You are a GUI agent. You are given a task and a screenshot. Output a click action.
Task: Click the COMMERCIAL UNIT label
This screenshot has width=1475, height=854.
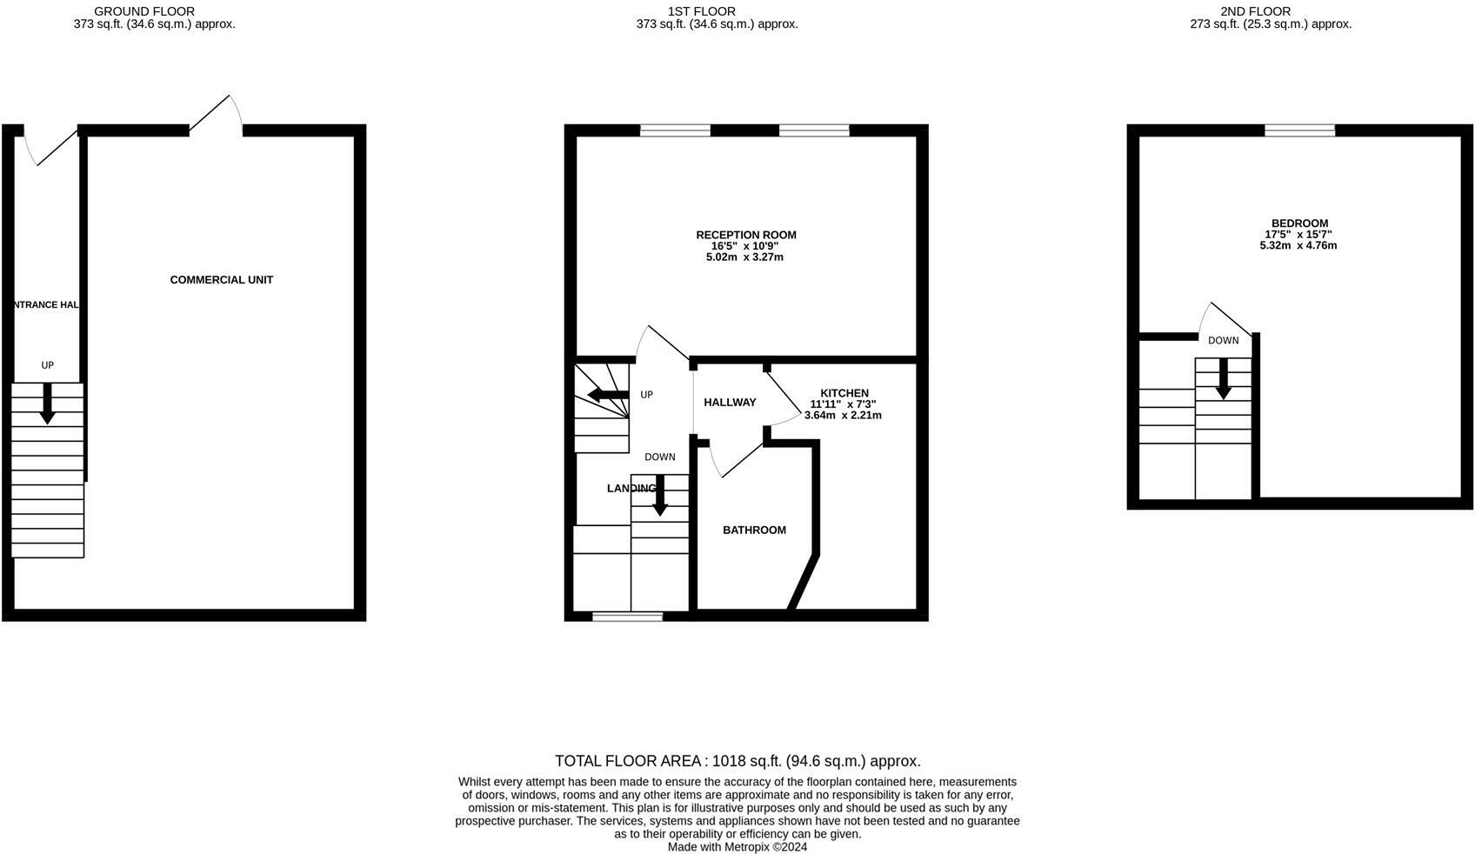pyautogui.click(x=221, y=280)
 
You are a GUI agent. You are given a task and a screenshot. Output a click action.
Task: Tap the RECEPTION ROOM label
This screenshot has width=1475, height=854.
pyautogui.click(x=745, y=235)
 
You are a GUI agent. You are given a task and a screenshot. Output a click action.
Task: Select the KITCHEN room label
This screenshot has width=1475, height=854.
pyautogui.click(x=844, y=393)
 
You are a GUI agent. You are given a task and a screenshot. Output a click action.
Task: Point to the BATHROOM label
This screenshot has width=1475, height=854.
pyautogui.click(x=754, y=530)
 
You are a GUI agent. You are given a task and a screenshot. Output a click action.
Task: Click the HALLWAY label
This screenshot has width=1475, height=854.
pyautogui.click(x=730, y=402)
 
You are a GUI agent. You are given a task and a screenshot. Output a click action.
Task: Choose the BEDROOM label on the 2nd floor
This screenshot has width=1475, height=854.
pyautogui.click(x=1299, y=224)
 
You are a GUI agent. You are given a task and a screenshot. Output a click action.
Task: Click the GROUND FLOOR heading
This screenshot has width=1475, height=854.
pyautogui.click(x=144, y=11)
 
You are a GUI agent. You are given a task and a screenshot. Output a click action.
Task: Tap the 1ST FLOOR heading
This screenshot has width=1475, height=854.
pyautogui.click(x=701, y=11)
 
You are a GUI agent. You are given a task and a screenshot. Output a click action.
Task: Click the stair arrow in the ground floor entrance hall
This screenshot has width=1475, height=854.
pyautogui.click(x=47, y=404)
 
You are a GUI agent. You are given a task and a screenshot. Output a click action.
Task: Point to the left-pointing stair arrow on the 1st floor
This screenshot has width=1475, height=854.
pyautogui.click(x=608, y=396)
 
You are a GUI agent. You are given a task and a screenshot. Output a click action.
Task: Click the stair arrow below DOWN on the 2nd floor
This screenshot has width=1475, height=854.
pyautogui.click(x=1223, y=379)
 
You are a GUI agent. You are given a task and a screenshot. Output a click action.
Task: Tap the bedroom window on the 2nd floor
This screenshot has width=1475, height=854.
pyautogui.click(x=1299, y=130)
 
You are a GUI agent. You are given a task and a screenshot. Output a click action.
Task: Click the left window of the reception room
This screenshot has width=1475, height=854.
pyautogui.click(x=675, y=130)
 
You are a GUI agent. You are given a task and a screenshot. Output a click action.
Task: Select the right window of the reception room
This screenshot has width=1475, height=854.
pyautogui.click(x=814, y=130)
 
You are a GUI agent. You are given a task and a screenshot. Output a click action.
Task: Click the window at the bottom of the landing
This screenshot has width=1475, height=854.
pyautogui.click(x=627, y=617)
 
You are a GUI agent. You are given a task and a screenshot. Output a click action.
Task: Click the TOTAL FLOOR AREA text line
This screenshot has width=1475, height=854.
pyautogui.click(x=737, y=761)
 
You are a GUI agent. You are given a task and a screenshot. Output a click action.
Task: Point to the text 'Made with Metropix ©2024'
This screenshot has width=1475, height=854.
pyautogui.click(x=737, y=846)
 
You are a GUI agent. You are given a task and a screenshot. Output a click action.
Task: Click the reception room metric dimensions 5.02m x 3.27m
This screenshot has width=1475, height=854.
pyautogui.click(x=744, y=257)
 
